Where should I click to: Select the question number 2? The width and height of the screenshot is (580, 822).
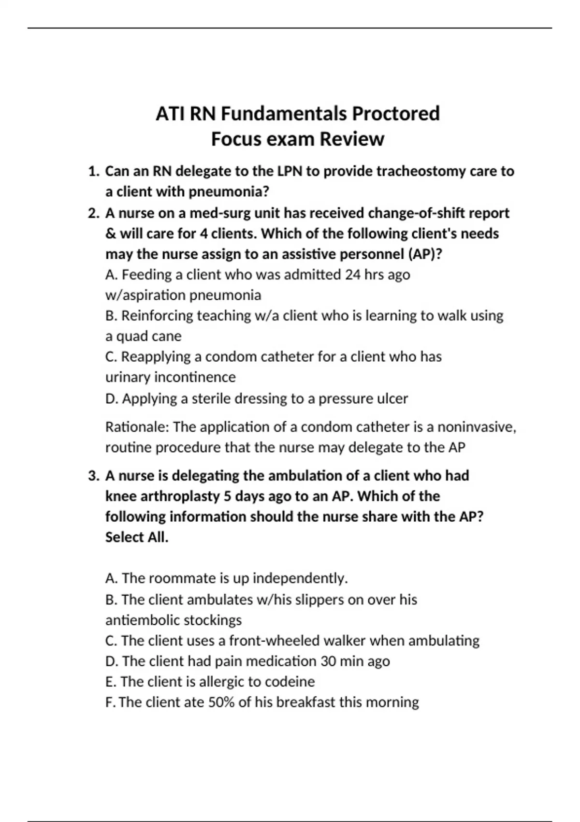coord(93,213)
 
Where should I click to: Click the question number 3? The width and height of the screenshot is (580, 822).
coord(93,476)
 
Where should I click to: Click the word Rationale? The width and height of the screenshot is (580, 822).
coord(136,427)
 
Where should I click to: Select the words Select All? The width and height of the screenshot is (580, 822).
coord(137,537)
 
